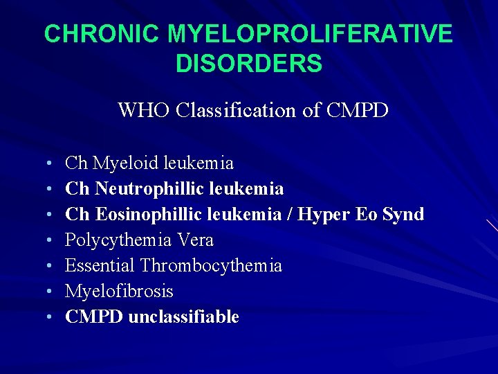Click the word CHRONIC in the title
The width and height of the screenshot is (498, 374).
98,33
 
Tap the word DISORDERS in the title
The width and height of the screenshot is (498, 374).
249,64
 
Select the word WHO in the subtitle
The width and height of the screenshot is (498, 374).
142,110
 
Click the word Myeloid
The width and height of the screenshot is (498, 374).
127,163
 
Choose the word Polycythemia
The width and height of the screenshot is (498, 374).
118,240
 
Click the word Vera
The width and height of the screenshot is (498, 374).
194,240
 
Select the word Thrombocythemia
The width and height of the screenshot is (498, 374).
211,266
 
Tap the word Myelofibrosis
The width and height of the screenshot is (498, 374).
119,292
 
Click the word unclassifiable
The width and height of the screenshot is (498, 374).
184,317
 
